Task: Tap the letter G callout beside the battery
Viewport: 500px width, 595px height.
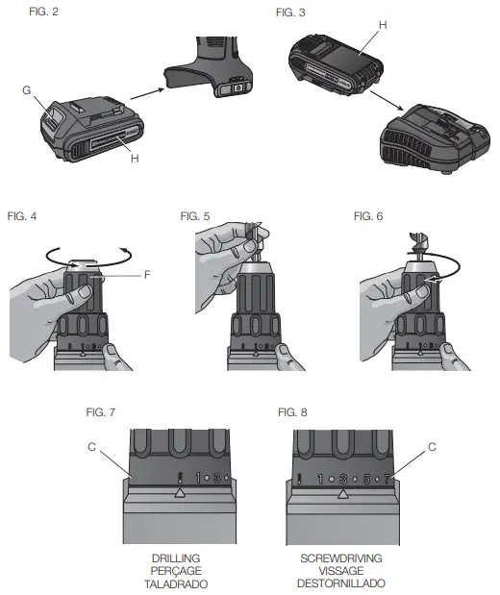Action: pyautogui.click(x=27, y=89)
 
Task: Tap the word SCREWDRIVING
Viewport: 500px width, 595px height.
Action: pyautogui.click(x=341, y=558)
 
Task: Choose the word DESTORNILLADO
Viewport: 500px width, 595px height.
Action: pyautogui.click(x=341, y=583)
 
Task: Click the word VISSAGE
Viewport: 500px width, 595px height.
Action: pyautogui.click(x=341, y=571)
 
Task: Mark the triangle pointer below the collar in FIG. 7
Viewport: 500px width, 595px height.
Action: pyautogui.click(x=179, y=493)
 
